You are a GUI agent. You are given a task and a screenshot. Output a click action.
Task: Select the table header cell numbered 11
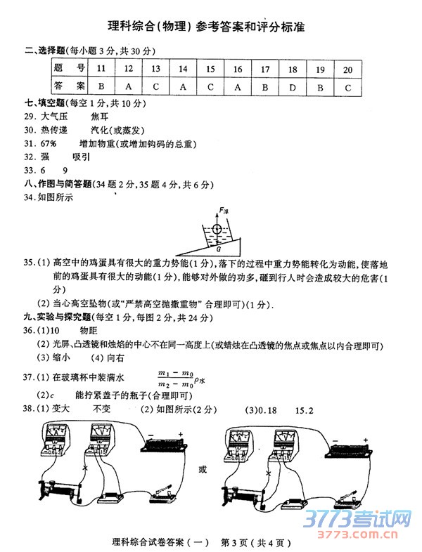[x=101, y=69]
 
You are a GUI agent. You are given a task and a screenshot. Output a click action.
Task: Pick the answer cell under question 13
[x=155, y=86]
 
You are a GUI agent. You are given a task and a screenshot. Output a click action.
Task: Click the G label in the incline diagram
[x=219, y=249]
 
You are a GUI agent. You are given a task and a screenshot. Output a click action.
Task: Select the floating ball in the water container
[x=218, y=230]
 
